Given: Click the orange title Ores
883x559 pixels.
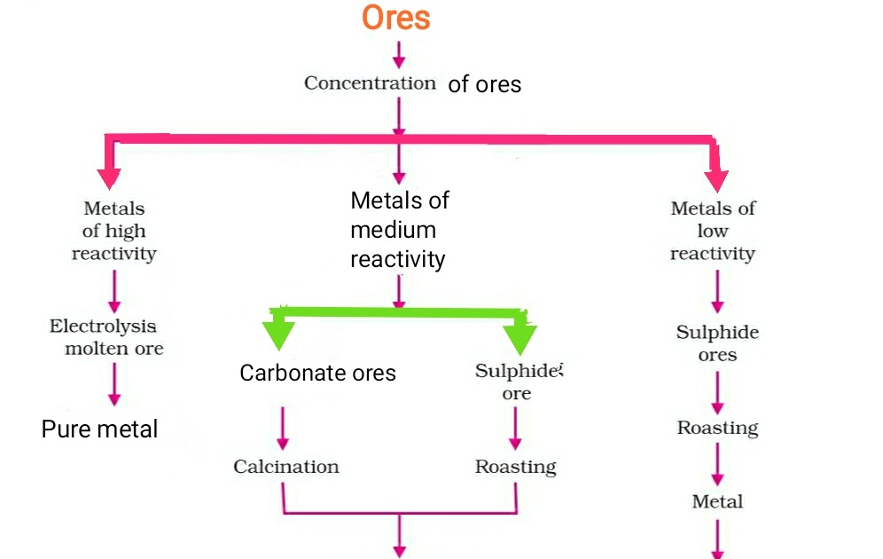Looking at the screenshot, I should [396, 19].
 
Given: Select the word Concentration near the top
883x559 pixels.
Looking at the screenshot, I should [370, 83].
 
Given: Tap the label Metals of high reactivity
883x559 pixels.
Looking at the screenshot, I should [113, 231].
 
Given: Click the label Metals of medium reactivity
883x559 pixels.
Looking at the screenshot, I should [399, 230].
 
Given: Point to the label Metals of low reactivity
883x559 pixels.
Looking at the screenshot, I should [713, 231].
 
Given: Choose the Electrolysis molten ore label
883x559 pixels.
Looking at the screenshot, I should [106, 337].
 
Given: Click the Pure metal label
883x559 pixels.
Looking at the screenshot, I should [99, 429].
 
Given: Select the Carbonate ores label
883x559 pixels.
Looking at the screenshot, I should [317, 373].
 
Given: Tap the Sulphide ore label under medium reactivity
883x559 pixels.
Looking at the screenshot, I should [518, 382].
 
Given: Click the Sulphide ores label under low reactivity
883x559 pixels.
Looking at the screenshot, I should [717, 343].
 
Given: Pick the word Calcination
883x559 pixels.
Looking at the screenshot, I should [286, 467].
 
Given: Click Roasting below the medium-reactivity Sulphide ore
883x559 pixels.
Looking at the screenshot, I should [515, 467].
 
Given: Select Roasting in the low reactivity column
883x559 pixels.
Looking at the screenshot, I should [717, 428].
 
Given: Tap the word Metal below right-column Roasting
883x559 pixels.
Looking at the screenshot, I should [717, 501].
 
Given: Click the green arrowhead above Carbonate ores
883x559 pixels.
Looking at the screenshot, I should [279, 335].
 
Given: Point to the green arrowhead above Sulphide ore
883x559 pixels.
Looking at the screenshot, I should [520, 338].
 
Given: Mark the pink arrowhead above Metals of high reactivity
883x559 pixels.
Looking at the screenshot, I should [109, 176].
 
